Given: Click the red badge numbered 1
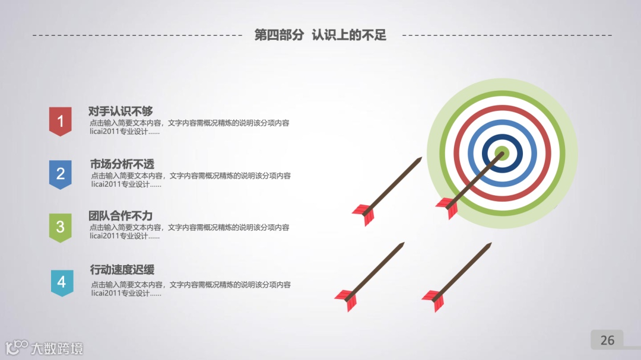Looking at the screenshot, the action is (60, 121).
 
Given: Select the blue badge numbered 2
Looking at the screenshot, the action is (60, 174).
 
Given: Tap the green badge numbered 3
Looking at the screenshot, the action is (60, 227).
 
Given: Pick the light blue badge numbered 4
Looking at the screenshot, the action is (62, 282).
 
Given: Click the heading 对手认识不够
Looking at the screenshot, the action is (120, 111).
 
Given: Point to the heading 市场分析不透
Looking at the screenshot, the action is (122, 164).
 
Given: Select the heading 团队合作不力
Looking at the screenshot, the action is (120, 216).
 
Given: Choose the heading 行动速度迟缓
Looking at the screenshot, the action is (122, 269).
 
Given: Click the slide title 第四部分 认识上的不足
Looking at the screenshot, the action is (320, 35).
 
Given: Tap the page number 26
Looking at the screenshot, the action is (607, 340).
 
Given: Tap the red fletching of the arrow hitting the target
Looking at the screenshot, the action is (446, 208).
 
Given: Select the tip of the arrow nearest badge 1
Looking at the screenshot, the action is (420, 159).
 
